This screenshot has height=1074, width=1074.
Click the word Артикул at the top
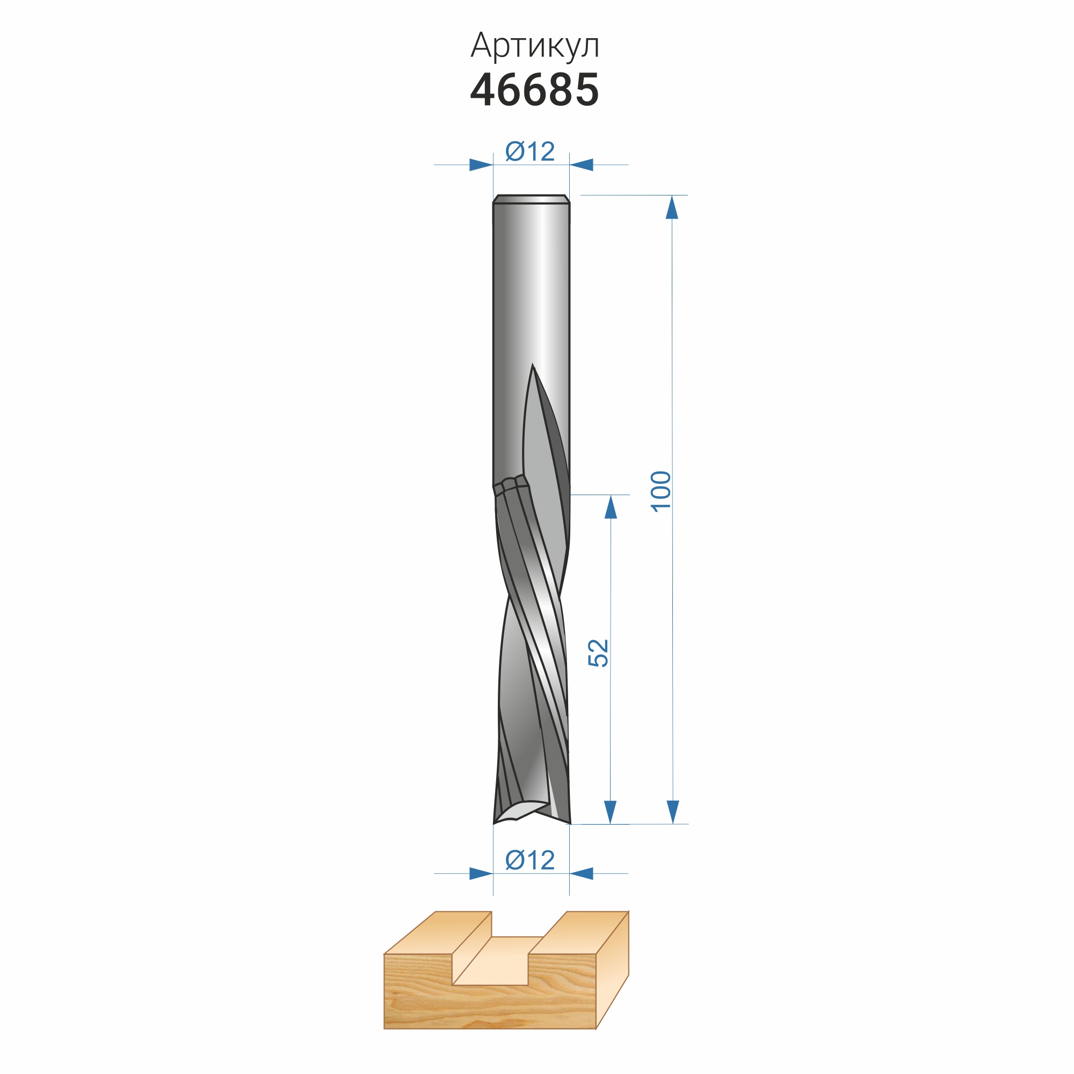coord(535,46)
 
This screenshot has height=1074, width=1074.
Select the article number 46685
coord(535,90)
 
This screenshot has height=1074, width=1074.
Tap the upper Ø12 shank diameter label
coord(530,152)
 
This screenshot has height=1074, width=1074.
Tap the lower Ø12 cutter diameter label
coord(530,860)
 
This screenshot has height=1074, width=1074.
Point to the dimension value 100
coord(661,491)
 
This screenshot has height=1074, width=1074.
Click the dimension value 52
coord(598,652)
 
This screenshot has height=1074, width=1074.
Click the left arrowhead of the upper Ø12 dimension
coord(481,164)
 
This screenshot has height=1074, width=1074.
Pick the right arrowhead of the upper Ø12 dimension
coord(582,164)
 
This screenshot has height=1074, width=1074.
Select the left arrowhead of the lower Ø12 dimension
coord(481,873)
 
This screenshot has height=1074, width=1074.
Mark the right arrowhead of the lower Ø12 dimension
coord(582,873)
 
